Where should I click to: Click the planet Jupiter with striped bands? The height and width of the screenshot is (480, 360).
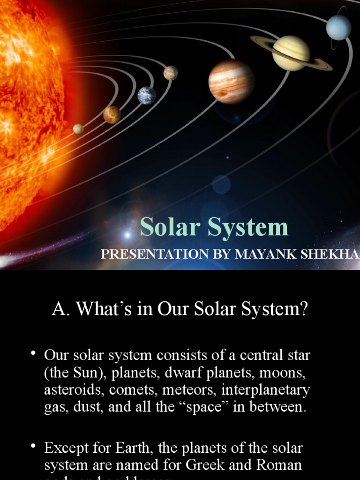[x=231, y=82]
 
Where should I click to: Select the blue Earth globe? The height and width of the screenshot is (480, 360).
[x=146, y=95]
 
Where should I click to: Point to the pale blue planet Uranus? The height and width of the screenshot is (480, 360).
[x=338, y=27]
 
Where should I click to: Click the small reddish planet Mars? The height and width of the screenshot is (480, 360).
[x=171, y=73]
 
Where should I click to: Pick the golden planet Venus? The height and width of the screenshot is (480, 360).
[x=112, y=114]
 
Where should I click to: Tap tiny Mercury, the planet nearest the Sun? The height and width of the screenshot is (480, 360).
[x=78, y=128]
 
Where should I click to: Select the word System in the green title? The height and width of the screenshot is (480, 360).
[x=248, y=227]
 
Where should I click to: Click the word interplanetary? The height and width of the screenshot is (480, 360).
[x=266, y=390]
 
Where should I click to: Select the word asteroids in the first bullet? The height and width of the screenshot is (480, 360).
[x=68, y=390]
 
